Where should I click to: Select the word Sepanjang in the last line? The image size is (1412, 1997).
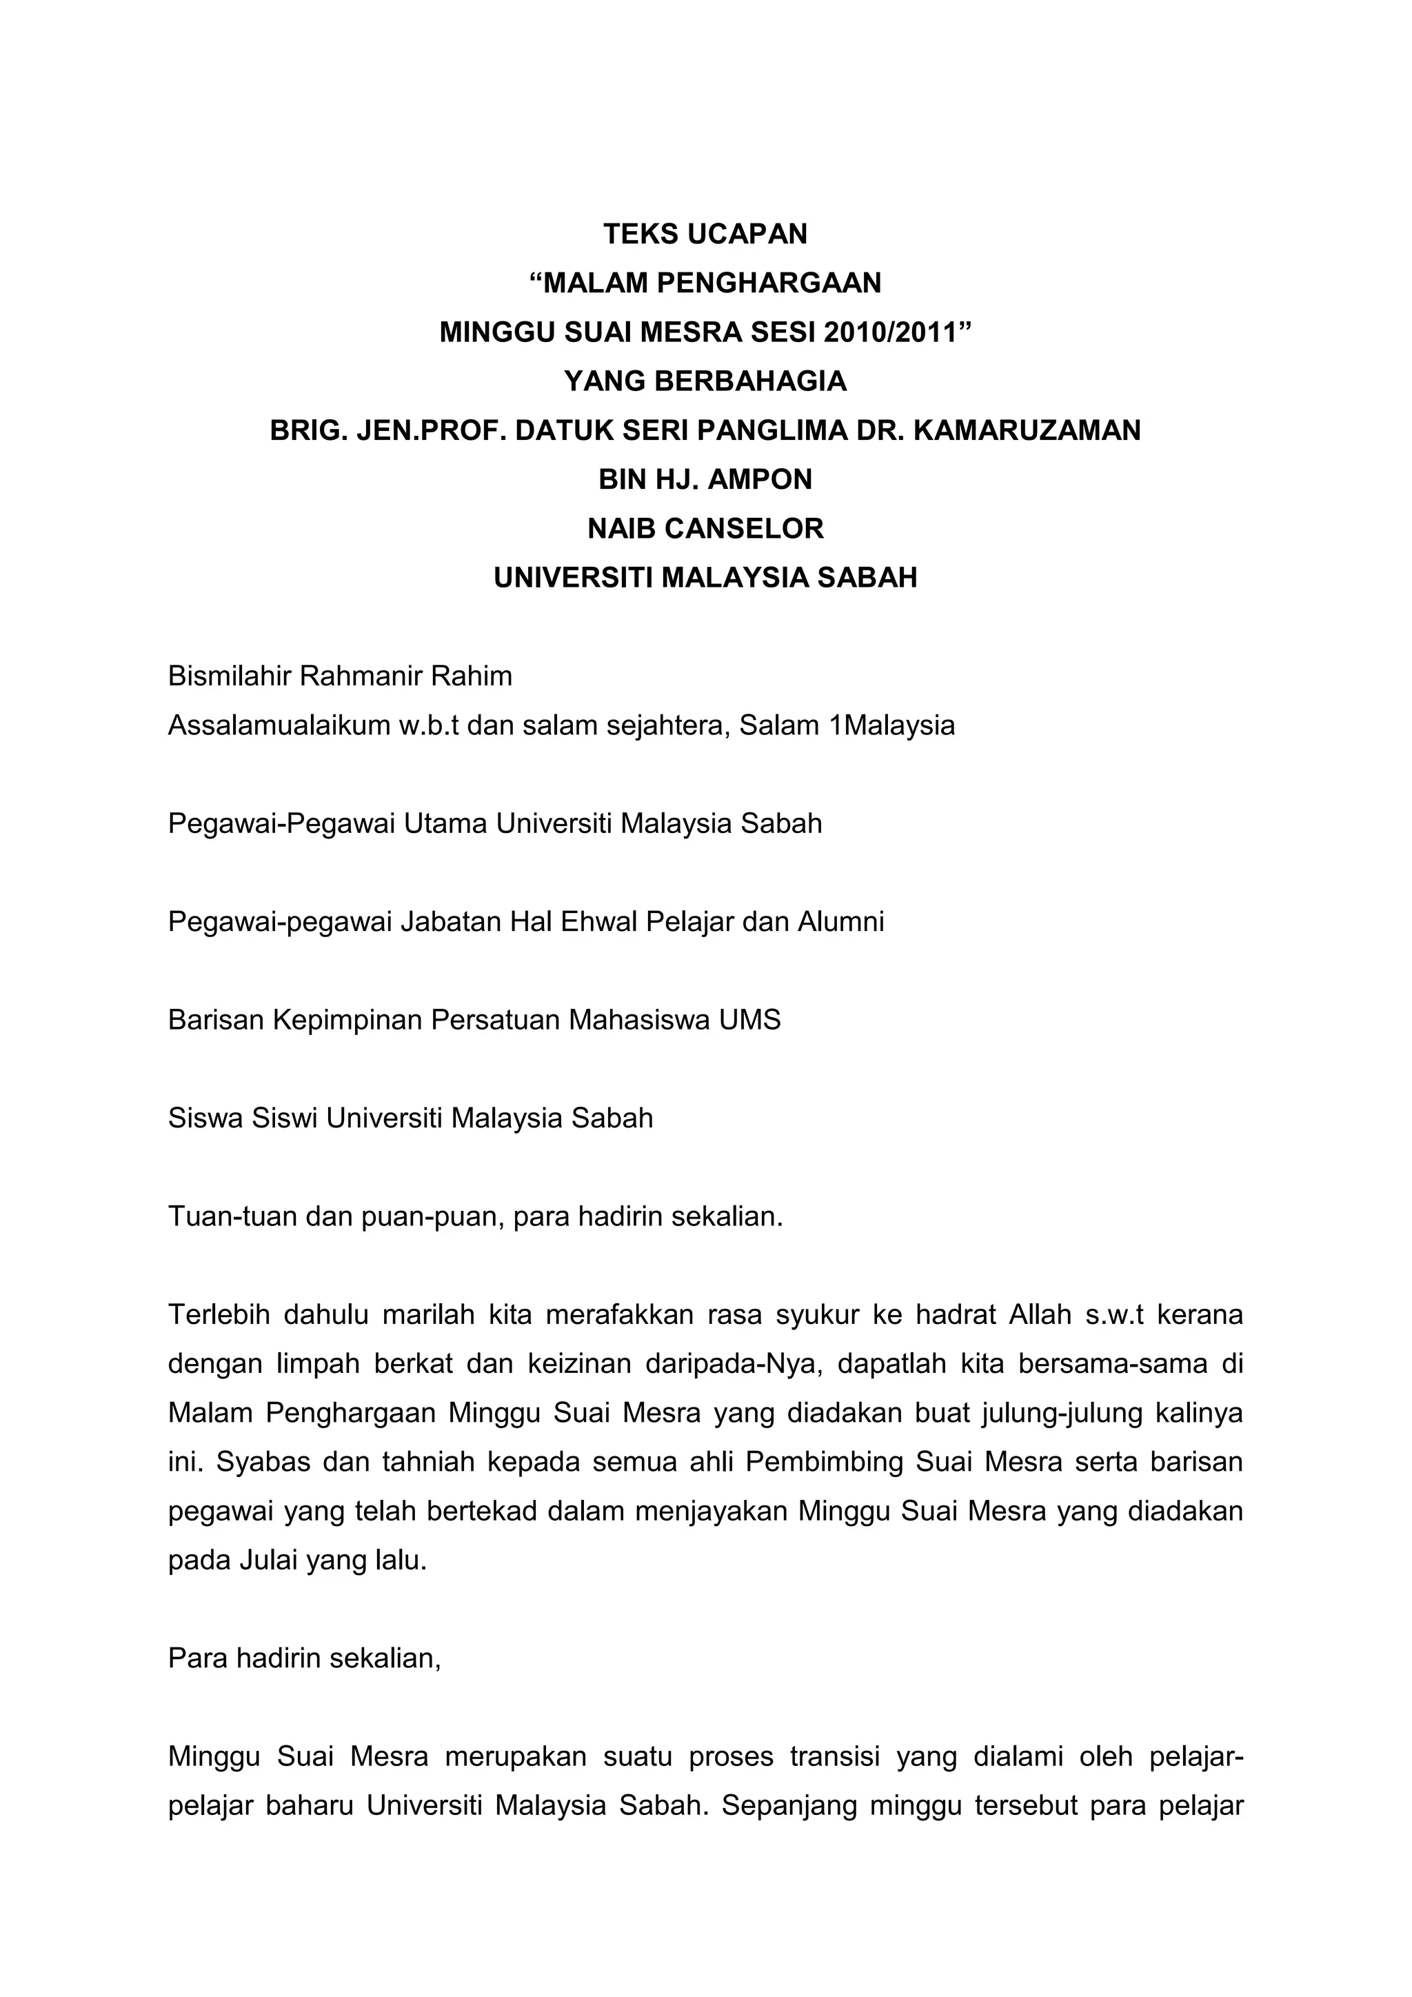[x=788, y=1806]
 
